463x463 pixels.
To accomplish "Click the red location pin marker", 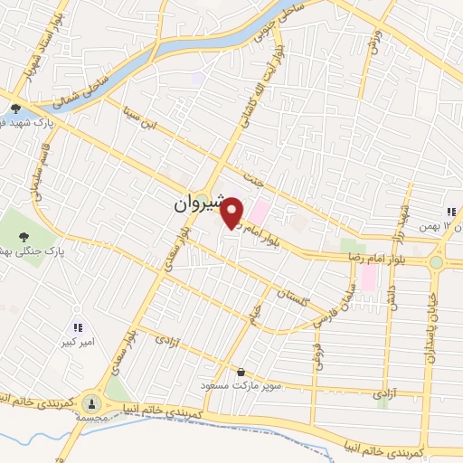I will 232,213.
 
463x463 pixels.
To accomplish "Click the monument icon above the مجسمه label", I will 91,401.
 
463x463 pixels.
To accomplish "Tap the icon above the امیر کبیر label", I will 78,326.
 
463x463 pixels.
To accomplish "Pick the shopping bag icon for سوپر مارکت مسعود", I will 241,371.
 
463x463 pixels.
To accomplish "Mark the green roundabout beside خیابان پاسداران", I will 438,262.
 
